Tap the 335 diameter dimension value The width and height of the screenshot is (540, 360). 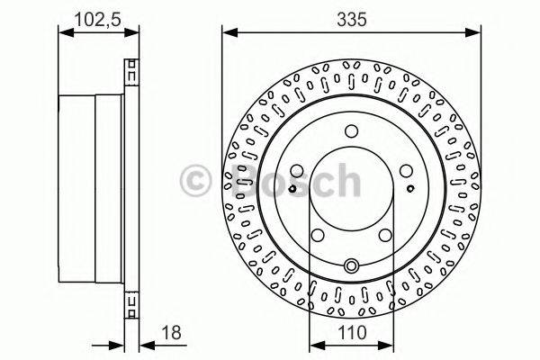click(351, 16)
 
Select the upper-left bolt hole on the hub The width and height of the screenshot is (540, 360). click(298, 171)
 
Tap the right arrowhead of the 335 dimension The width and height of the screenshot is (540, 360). click(473, 33)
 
